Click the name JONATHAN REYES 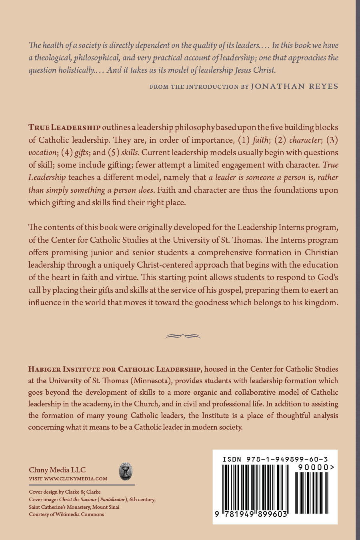294,86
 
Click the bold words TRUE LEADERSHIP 64,128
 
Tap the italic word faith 260,140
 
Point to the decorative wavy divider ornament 183,336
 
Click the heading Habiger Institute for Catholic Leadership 115,369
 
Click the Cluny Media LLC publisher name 57,470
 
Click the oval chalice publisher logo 126,472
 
